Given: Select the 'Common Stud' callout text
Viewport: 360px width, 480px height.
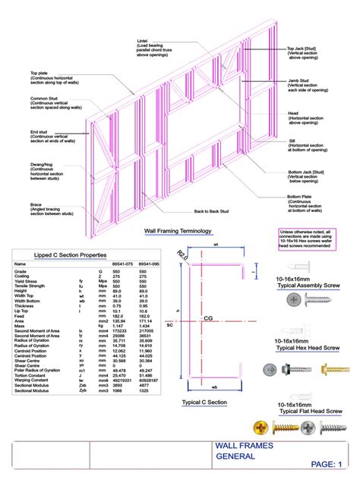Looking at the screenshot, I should pos(43,98).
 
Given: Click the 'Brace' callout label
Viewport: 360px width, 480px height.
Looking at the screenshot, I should pos(36,204).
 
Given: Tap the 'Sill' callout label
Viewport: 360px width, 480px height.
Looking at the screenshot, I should pos(293,140).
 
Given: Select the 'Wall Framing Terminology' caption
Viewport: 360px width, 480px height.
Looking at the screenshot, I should pos(178,230).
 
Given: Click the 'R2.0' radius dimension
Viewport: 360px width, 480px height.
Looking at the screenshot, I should pos(182,254).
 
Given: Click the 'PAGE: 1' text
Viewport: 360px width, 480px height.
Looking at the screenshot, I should pos(327,463).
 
